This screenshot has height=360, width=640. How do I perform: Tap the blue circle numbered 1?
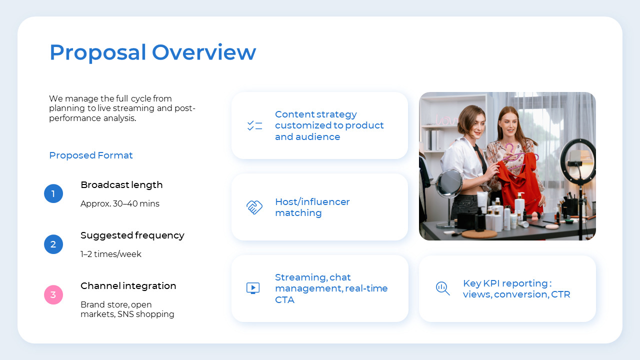tap(53, 193)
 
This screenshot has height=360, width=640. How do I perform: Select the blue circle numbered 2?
tap(53, 244)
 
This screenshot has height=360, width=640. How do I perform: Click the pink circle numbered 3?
tap(53, 294)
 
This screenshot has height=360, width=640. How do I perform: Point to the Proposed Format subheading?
tap(90, 155)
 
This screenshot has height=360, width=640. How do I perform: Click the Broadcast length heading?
tap(121, 185)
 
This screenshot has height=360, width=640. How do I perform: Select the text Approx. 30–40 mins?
tap(120, 204)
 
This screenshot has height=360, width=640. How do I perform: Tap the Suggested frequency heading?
tap(132, 235)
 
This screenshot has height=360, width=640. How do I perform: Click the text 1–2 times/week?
tap(111, 254)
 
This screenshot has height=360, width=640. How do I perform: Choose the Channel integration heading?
tap(128, 286)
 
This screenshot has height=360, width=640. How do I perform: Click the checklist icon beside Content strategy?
tap(254, 125)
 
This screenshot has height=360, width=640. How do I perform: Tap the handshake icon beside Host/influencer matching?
tap(254, 207)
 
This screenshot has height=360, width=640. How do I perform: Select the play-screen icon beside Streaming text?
tap(253, 288)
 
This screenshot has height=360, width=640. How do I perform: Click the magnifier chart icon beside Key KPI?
tap(442, 288)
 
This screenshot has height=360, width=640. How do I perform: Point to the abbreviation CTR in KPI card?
tap(560, 294)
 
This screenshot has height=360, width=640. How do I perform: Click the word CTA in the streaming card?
tap(284, 300)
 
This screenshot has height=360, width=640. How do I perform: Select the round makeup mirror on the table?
tap(448, 183)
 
